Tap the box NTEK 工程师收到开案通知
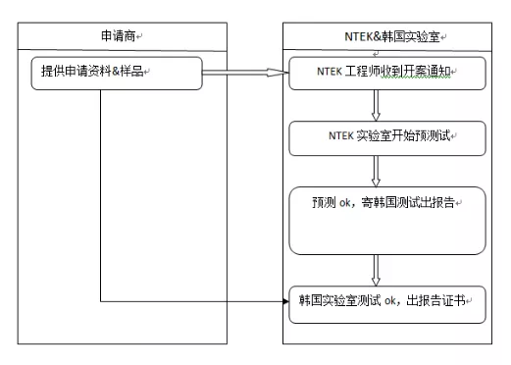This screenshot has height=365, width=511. [x=388, y=73]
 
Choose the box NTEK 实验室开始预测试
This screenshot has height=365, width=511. [x=388, y=136]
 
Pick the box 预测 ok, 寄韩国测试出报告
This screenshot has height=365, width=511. [x=388, y=220]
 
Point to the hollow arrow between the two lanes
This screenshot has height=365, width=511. [x=245, y=73]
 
